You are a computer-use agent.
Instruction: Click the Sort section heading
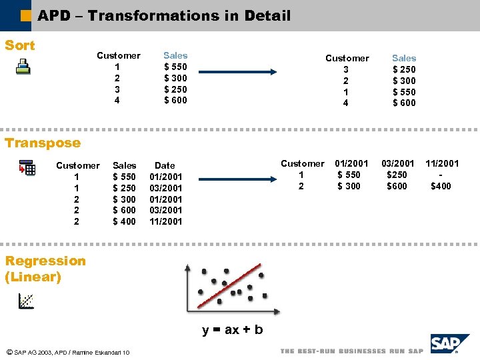point(20,45)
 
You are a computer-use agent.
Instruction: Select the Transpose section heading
point(42,143)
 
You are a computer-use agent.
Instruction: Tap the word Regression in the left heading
point(45,261)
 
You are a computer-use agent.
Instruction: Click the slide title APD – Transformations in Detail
point(164,15)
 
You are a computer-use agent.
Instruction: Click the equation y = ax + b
point(233,330)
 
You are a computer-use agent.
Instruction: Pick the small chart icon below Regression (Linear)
point(27,301)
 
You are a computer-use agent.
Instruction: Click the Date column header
point(165,165)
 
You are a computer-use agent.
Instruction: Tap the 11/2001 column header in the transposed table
point(442,163)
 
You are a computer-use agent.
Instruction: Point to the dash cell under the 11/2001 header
point(441,175)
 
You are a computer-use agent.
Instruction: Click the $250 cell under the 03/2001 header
point(397,175)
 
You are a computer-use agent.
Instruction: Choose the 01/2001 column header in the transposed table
point(351,163)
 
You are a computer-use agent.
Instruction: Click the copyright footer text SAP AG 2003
point(67,352)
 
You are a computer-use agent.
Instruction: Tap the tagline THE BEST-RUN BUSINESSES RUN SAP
point(351,351)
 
